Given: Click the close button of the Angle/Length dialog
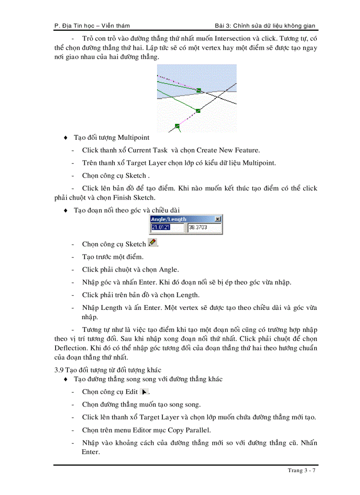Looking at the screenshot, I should coord(217,219).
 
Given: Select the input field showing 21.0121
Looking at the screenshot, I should coord(167,228).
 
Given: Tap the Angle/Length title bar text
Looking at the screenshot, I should coord(169,219).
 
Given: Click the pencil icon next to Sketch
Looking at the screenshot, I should coord(152,242).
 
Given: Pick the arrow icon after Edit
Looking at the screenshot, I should coord(144,391).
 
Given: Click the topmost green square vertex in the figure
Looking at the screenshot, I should coord(199,90).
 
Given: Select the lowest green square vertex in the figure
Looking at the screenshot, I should coord(177,126).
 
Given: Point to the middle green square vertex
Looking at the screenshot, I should coord(198,111).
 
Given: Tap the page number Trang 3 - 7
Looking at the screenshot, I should coord(301,470).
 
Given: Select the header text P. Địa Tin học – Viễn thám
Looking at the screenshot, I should coord(92,26).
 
